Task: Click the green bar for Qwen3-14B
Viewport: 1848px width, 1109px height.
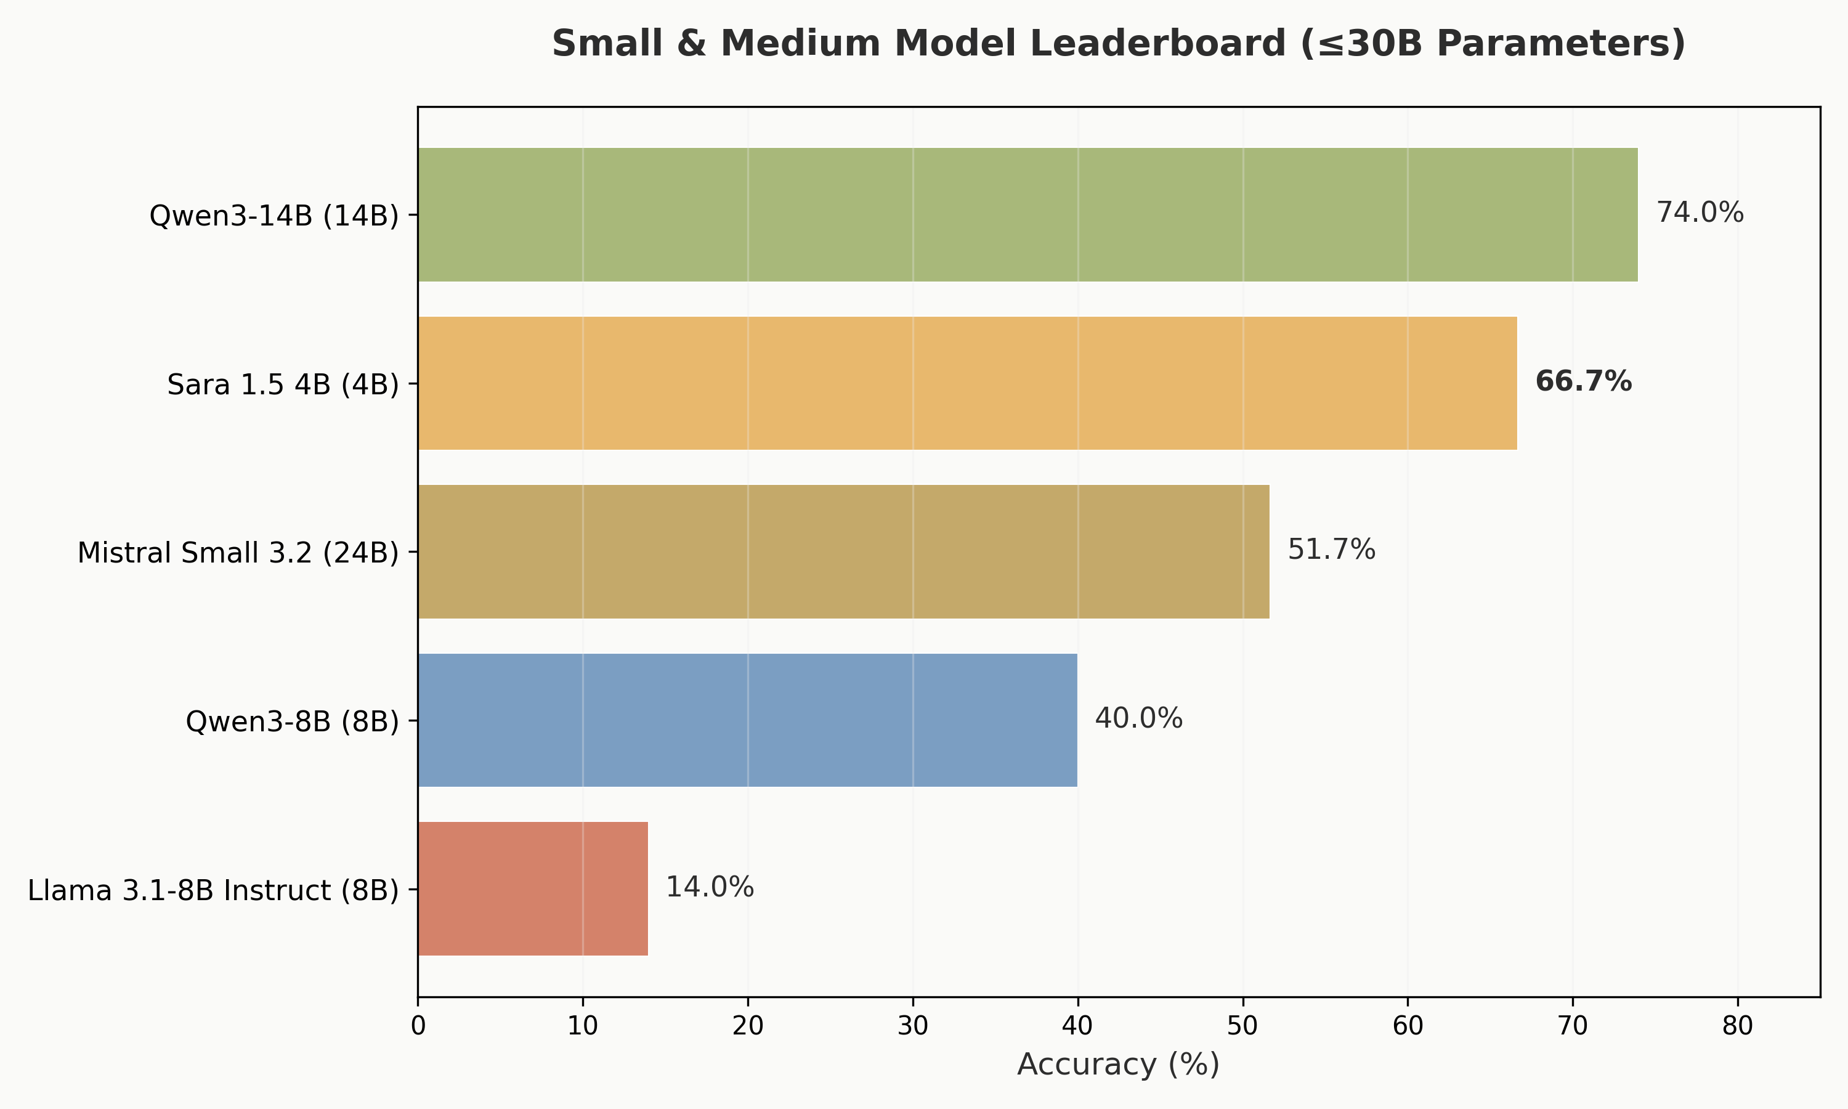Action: [x=1027, y=214]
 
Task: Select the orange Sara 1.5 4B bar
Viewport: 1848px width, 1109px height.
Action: [x=967, y=383]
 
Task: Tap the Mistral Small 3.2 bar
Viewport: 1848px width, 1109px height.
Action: [x=843, y=551]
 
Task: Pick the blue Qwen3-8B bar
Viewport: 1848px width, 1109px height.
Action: [x=747, y=720]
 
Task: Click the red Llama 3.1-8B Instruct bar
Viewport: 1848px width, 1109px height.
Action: [x=533, y=888]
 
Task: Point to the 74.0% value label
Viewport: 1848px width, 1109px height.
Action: [x=1700, y=213]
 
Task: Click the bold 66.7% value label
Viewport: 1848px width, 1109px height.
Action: [x=1583, y=382]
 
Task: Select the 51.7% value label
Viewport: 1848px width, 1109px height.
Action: [x=1331, y=550]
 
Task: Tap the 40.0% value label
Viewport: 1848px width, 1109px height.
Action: [x=1138, y=719]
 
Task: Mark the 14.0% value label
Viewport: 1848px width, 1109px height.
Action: [x=710, y=888]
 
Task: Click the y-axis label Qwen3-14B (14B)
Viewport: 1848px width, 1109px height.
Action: [x=274, y=216]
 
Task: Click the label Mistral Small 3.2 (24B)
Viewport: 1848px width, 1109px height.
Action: [x=238, y=553]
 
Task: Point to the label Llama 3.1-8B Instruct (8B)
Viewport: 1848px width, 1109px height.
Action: [x=214, y=891]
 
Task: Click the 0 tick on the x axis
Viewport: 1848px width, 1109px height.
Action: [x=418, y=1026]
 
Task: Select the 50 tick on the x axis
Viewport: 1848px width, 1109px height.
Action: [x=1243, y=1026]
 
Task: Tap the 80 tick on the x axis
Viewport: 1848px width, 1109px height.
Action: [x=1738, y=1026]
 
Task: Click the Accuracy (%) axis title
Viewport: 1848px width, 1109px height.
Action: [x=1118, y=1064]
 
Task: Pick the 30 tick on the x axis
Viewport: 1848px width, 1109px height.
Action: [x=913, y=1026]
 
